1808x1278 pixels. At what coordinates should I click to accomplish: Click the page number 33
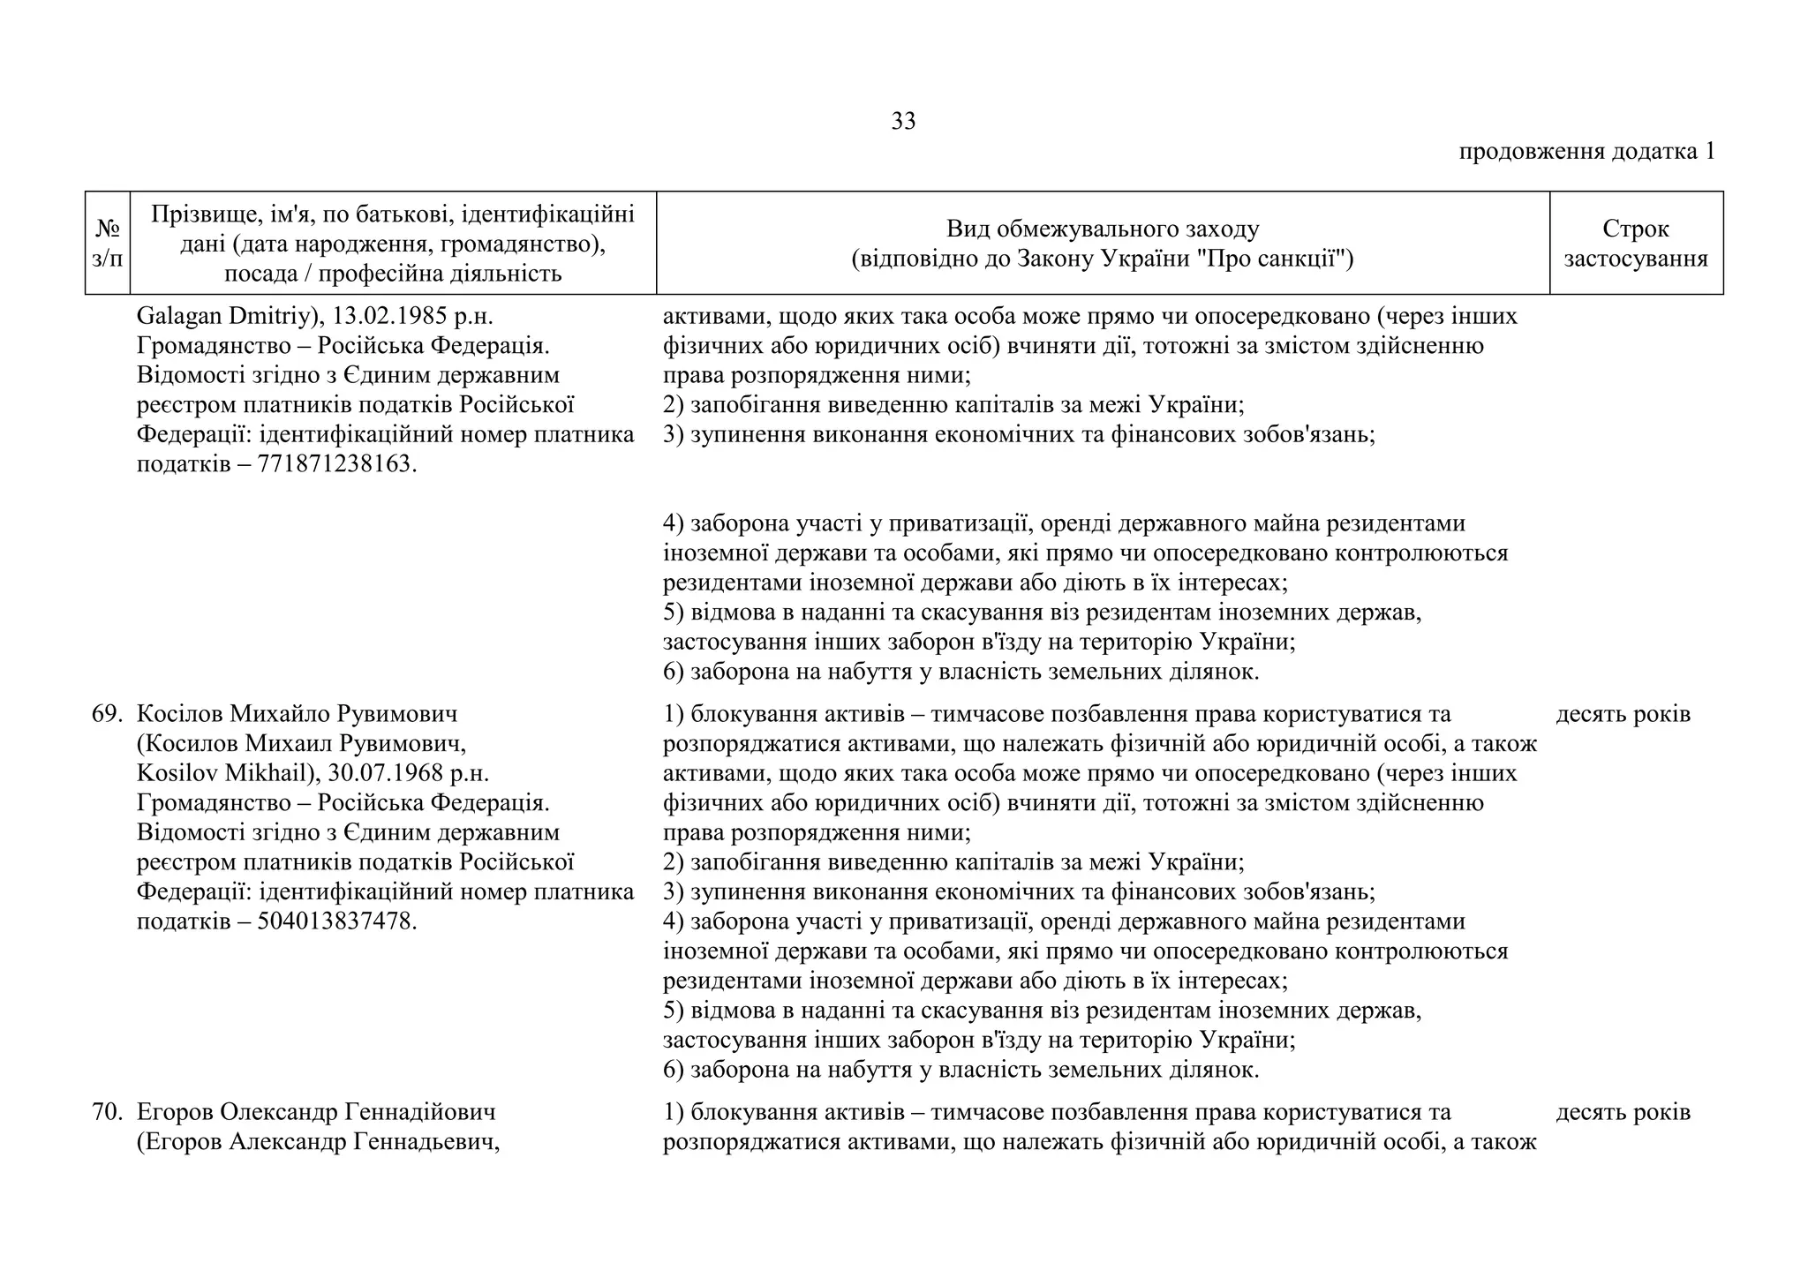click(903, 122)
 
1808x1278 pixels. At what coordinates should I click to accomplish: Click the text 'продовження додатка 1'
click(1586, 151)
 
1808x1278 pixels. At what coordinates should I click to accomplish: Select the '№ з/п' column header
click(108, 244)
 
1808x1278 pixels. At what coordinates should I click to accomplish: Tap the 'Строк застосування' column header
click(1635, 244)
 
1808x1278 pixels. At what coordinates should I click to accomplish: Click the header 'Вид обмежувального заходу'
click(1103, 229)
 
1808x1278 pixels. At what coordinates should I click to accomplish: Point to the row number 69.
click(106, 714)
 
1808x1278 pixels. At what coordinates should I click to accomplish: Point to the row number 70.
click(106, 1112)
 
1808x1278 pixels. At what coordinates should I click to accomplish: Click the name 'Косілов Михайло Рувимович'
click(298, 714)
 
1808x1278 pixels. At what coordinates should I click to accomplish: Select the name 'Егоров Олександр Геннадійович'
click(316, 1112)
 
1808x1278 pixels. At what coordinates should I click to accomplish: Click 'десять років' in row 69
click(1623, 714)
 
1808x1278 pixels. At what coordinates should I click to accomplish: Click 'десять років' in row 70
click(1623, 1112)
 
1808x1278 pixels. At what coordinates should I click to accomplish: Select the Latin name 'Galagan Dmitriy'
click(222, 316)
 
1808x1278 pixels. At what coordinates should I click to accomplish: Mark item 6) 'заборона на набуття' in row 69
click(960, 1071)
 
